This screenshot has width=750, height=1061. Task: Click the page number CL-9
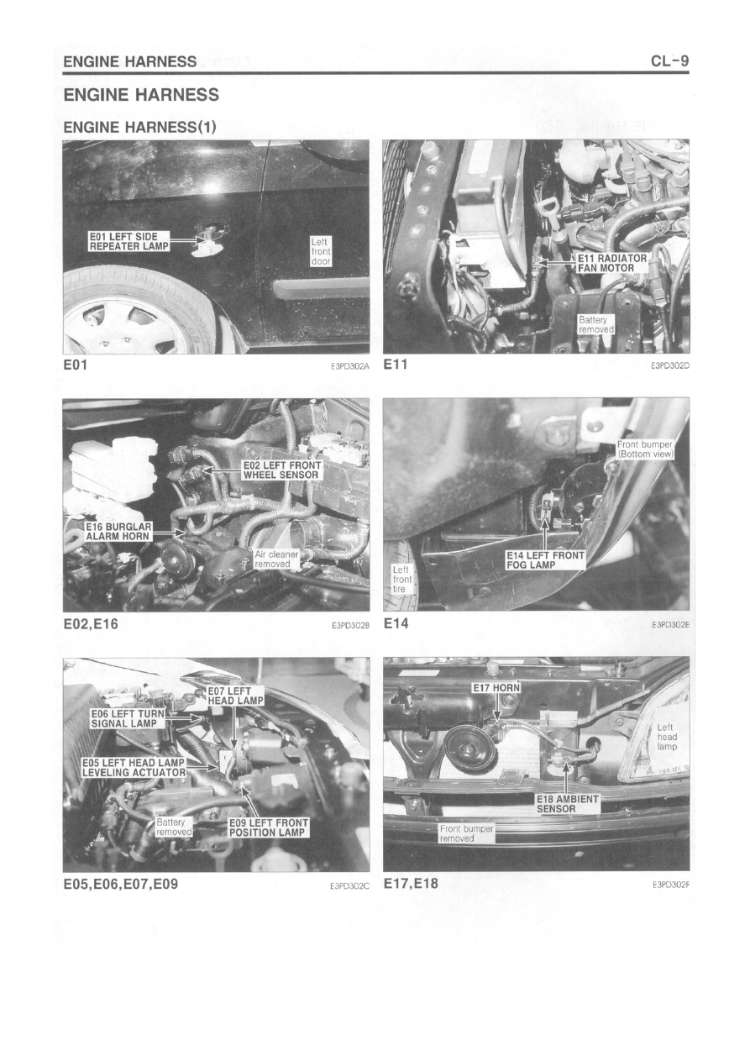pos(669,61)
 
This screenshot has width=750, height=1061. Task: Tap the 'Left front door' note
pos(321,251)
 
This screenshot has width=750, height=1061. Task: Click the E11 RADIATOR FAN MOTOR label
pos(611,263)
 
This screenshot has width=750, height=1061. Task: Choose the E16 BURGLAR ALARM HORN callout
pos(118,532)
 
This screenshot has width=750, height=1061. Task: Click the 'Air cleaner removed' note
pos(276,559)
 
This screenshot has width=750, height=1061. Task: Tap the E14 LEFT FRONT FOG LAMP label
pos(545,559)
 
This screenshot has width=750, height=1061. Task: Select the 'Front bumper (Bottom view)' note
pos(645,449)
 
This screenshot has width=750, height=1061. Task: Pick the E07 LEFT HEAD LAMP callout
pos(235,696)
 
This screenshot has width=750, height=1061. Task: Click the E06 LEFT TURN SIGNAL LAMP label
pos(128,718)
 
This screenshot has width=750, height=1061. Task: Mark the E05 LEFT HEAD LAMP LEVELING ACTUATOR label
pos(134,768)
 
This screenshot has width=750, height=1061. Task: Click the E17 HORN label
pos(496,688)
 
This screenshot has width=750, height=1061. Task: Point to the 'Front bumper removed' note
pos(466,833)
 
